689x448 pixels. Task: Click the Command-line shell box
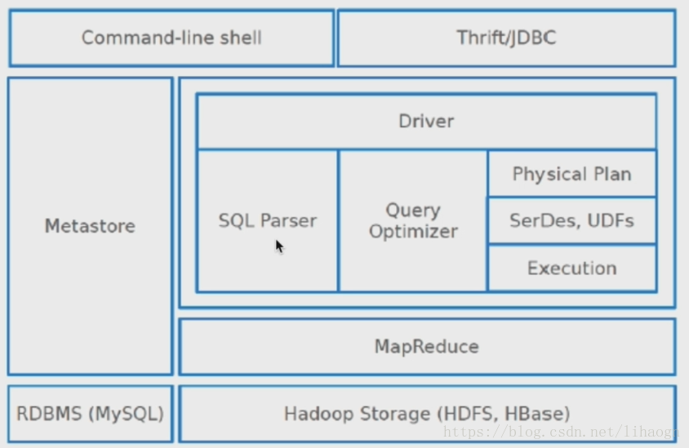[x=171, y=38]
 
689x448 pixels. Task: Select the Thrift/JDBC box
[x=506, y=38]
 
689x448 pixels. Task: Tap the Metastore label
[x=90, y=226]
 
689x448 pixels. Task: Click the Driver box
[x=427, y=122]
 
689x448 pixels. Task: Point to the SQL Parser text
[x=268, y=220]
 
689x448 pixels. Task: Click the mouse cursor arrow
[x=279, y=246]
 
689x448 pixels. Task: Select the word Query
[x=413, y=211]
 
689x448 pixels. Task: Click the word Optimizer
[x=413, y=232]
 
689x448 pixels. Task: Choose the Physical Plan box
[x=572, y=174]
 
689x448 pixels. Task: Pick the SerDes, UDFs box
[x=572, y=220]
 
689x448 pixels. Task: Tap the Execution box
[x=572, y=268]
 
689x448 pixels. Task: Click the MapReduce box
[x=427, y=347]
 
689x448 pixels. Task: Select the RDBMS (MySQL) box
[x=91, y=414]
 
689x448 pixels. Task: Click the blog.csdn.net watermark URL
[x=561, y=432]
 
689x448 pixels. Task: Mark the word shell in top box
[x=241, y=38]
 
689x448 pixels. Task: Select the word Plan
[x=612, y=175]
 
